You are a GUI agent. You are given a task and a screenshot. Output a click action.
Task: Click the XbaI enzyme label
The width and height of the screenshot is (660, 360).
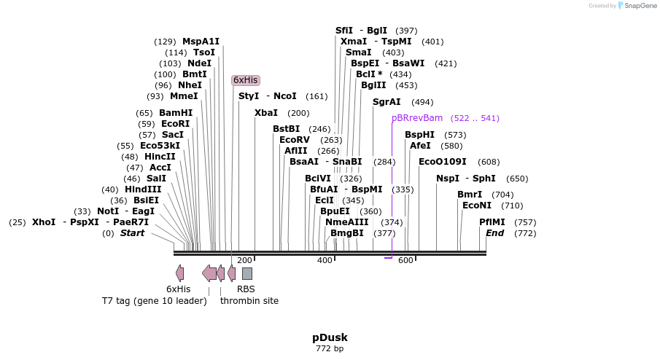click(x=266, y=113)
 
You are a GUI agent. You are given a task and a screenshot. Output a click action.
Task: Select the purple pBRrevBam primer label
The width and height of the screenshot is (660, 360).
click(x=416, y=118)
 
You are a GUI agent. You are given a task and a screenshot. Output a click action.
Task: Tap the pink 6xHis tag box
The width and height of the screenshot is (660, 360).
click(x=245, y=80)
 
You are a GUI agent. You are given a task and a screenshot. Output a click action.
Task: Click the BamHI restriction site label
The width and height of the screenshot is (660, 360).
click(x=176, y=113)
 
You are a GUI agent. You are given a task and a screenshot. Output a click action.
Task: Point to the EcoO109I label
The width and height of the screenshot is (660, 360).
click(x=442, y=162)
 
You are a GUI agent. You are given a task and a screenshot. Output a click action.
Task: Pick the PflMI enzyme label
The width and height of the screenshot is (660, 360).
click(x=492, y=222)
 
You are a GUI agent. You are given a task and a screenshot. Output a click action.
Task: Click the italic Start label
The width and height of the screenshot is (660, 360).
click(x=132, y=233)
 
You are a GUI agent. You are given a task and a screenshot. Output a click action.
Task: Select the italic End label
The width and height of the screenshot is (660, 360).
click(x=494, y=233)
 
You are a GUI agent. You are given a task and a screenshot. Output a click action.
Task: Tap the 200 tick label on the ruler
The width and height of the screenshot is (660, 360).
click(x=244, y=260)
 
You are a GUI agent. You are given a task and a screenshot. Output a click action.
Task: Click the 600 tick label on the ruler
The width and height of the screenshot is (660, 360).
click(x=405, y=260)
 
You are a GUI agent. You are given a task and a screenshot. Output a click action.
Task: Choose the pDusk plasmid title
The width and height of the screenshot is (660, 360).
click(x=330, y=337)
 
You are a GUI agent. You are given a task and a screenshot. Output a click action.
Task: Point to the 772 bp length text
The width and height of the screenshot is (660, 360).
click(x=330, y=348)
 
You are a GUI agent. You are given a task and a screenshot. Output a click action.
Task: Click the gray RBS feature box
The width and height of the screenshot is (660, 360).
click(x=247, y=273)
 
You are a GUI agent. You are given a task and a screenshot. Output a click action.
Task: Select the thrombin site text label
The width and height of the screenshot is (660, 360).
click(x=249, y=300)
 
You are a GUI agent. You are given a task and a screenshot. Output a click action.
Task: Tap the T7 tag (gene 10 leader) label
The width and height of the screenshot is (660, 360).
click(x=154, y=300)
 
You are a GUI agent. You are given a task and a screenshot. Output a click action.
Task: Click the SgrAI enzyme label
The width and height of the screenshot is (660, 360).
click(x=387, y=102)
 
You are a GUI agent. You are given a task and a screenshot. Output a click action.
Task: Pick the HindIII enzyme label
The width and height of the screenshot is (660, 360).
click(x=143, y=189)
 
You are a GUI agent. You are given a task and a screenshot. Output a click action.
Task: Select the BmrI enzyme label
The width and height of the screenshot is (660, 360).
click(x=470, y=195)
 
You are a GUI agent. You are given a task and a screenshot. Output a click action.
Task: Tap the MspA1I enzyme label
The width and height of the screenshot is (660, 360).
click(x=201, y=42)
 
